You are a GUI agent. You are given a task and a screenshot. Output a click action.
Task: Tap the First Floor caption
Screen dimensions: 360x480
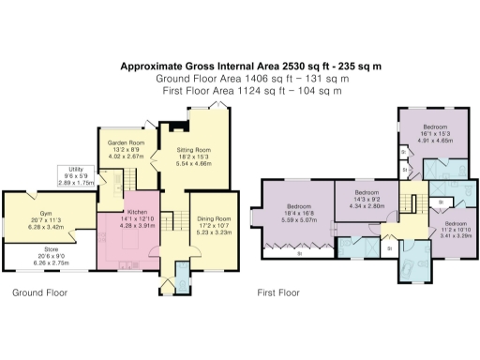(278, 292)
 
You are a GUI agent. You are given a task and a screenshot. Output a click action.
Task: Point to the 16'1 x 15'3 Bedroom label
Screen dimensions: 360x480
(433, 127)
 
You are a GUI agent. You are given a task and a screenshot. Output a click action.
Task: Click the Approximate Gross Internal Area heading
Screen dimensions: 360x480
(239, 67)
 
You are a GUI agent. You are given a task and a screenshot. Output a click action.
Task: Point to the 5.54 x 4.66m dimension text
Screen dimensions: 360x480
(194, 163)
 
